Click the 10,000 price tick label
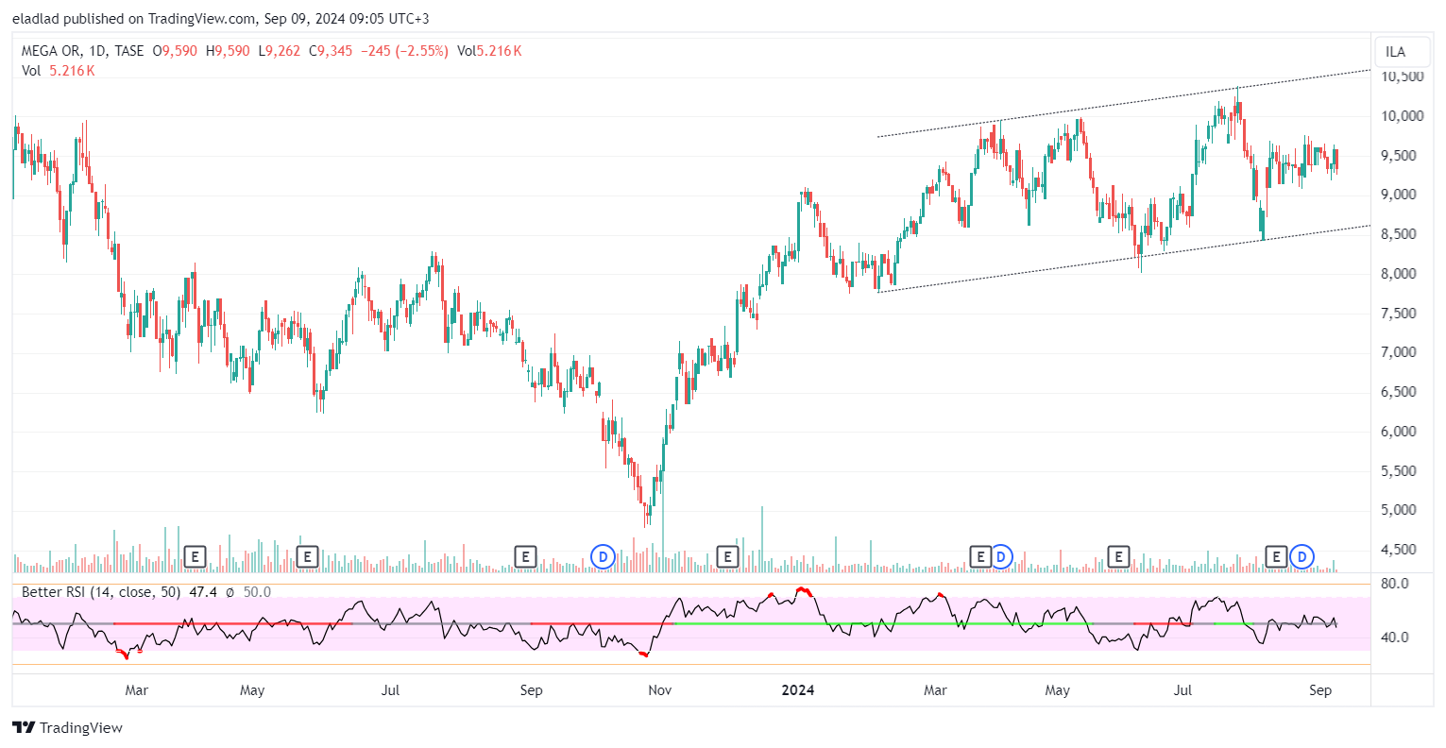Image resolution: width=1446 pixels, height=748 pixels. (1402, 116)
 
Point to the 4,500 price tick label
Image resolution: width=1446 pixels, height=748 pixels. (1402, 550)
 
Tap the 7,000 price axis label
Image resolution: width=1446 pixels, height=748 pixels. (1402, 352)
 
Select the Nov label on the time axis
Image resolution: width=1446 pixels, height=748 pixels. (659, 690)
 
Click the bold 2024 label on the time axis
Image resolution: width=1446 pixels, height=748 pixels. (798, 690)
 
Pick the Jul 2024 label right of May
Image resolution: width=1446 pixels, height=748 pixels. (1182, 690)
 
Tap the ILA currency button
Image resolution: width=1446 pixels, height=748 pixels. (1395, 52)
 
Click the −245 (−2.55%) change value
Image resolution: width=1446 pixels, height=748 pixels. (404, 51)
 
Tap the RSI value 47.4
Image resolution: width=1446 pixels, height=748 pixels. (203, 592)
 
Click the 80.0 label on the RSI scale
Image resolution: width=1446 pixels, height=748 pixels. (1394, 584)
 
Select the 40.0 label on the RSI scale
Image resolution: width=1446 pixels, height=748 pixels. (1394, 637)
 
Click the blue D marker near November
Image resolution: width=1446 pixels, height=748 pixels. (603, 557)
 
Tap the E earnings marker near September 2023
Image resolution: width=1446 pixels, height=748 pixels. (525, 557)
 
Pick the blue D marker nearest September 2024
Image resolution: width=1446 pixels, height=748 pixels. (1302, 557)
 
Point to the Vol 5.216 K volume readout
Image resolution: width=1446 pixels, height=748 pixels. (59, 71)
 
